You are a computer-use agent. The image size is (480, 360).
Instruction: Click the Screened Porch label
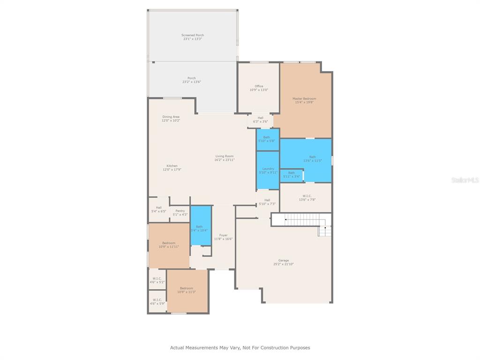coord(193,35)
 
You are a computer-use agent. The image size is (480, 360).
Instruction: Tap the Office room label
coord(259,86)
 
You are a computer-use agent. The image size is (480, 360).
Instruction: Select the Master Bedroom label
coord(304,98)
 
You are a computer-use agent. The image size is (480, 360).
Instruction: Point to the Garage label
coord(284,260)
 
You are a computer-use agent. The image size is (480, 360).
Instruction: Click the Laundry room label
coord(268,169)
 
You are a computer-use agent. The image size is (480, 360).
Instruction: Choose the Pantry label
coord(180,211)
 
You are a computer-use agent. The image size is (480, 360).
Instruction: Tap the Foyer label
coord(223,235)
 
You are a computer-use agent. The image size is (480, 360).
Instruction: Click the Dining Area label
coord(171,117)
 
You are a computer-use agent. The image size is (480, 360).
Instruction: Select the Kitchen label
coord(172,166)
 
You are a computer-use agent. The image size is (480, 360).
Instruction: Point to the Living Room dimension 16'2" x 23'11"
coord(225,160)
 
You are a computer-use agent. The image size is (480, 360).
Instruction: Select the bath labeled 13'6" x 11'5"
coord(312,158)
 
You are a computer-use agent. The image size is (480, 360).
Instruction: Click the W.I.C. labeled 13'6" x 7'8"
coord(307,197)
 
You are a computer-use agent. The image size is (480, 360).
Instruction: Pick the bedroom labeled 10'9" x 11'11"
coord(169,245)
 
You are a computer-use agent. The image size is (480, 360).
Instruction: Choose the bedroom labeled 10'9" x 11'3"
coord(186,290)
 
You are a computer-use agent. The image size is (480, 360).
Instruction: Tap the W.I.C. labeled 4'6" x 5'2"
coord(157,280)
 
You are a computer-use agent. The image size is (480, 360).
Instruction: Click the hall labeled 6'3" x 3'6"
coord(260,120)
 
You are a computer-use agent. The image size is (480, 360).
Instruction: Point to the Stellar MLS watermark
coord(465,180)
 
